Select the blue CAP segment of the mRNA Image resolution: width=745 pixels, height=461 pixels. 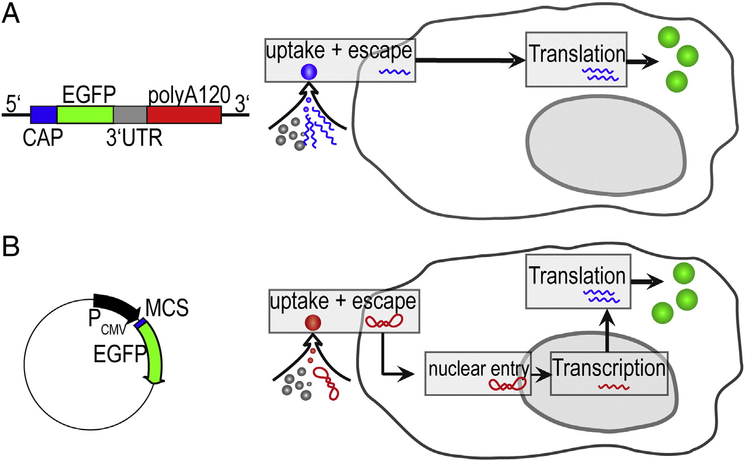pyautogui.click(x=43, y=115)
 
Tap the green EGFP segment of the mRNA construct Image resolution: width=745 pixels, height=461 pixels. pyautogui.click(x=85, y=115)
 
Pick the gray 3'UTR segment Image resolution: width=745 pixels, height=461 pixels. pyautogui.click(x=130, y=115)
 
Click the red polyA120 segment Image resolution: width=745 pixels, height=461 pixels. pyautogui.click(x=184, y=115)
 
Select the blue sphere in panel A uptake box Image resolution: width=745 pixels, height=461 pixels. pyautogui.click(x=308, y=71)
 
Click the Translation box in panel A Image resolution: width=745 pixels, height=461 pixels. pyautogui.click(x=576, y=63)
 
